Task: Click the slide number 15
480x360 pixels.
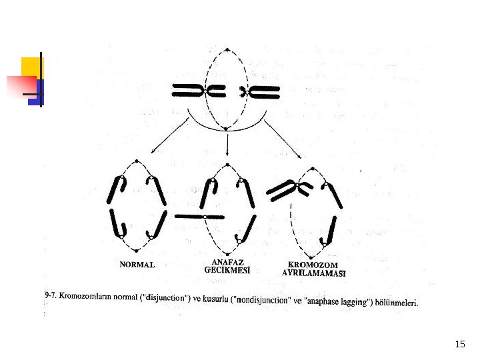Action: [x=459, y=344]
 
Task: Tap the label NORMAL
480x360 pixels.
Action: [x=137, y=265]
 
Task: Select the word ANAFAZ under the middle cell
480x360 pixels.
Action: [x=227, y=262]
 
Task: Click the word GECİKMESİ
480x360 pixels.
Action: [x=227, y=271]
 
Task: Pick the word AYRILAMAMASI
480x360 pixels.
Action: [x=314, y=273]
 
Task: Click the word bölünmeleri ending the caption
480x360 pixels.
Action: [x=396, y=303]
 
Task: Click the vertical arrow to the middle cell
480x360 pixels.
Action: [x=228, y=145]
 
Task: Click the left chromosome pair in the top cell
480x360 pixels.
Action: [x=193, y=91]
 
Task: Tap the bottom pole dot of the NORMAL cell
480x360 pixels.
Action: [x=136, y=251]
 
